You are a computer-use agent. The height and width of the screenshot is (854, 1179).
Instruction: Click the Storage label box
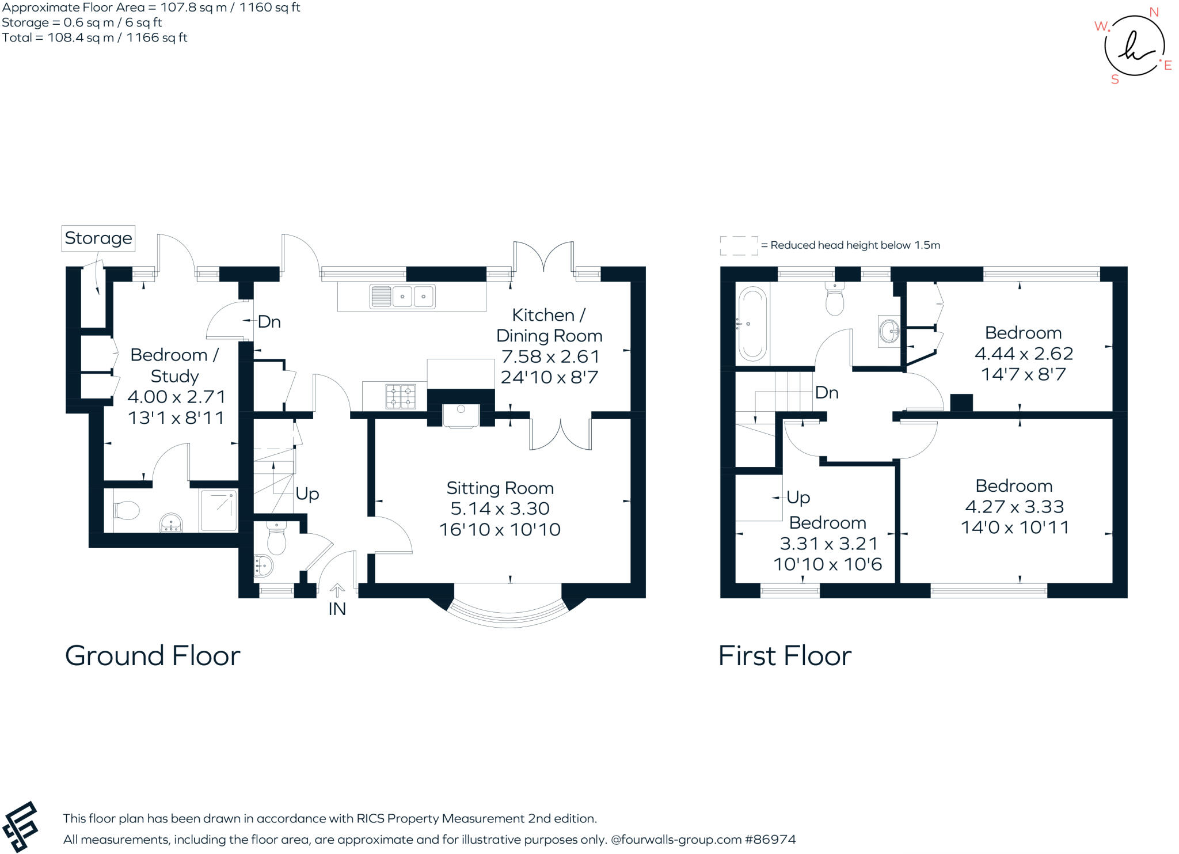coord(98,238)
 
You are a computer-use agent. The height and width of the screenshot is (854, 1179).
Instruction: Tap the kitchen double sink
coord(402,297)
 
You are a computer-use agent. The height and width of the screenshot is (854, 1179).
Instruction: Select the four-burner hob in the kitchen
coord(401,396)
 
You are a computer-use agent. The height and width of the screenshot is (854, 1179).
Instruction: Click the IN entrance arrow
coord(337,590)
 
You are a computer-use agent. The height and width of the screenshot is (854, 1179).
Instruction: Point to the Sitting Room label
coord(500,488)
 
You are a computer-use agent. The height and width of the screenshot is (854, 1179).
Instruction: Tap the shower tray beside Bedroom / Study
coord(218,511)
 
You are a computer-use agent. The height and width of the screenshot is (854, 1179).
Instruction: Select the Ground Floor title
coord(153,656)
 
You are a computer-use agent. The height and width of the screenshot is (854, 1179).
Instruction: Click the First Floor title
coord(785,656)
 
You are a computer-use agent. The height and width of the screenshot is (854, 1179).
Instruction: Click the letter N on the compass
coord(1154,12)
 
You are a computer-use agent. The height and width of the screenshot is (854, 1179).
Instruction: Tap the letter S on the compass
coord(1115,80)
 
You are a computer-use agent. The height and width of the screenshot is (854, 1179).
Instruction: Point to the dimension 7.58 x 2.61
coord(550,357)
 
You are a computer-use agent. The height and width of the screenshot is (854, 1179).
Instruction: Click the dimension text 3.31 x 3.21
coord(828,544)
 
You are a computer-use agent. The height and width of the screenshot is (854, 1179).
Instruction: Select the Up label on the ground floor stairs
coord(307,494)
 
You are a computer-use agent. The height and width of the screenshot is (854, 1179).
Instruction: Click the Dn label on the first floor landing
coord(827,393)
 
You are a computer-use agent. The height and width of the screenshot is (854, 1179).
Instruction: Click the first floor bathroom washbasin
coord(889,331)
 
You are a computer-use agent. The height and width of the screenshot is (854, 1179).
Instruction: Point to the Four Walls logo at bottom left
coord(20,827)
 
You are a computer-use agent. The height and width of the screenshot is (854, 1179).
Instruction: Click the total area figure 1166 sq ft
coord(157,38)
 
